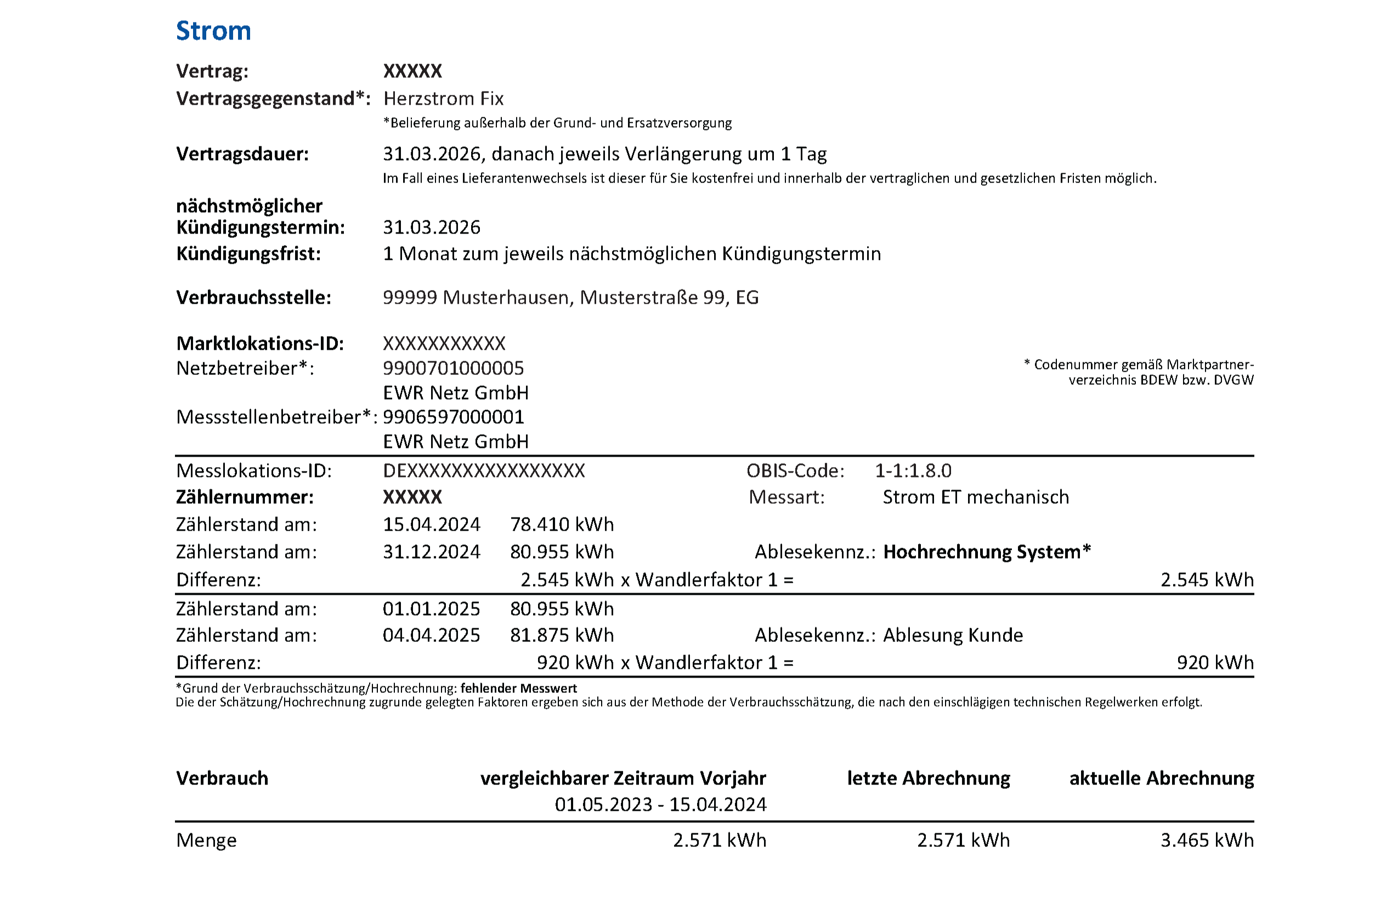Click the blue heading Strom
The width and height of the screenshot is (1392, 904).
pos(213,31)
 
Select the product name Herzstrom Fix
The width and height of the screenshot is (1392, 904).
pos(443,98)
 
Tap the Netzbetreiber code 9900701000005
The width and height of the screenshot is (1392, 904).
pos(453,368)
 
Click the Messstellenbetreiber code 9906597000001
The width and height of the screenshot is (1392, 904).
pos(453,417)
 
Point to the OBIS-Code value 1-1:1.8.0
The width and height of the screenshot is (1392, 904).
pos(913,471)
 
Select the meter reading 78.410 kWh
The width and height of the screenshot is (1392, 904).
pos(562,525)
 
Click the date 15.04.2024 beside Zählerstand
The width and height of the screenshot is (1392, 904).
pos(431,525)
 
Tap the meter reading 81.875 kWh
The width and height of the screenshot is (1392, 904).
pos(562,635)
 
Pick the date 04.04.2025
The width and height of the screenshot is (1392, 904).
pos(431,635)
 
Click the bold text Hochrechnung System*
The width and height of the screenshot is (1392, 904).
pos(987,552)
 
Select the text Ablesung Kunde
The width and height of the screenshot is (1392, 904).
pos(953,635)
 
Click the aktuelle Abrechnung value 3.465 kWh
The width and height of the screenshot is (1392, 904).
pos(1207,840)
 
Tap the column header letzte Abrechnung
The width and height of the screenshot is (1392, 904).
pos(928,778)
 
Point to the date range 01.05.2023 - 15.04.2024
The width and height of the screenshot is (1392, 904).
pos(660,805)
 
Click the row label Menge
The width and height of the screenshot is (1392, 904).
pos(206,840)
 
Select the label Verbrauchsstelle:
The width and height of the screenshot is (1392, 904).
pos(254,298)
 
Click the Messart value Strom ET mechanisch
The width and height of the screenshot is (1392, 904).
pos(976,497)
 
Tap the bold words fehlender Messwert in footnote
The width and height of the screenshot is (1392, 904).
pos(518,688)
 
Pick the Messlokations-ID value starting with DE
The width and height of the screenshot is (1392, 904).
pos(484,471)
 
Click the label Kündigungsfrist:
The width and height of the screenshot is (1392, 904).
pos(248,254)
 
